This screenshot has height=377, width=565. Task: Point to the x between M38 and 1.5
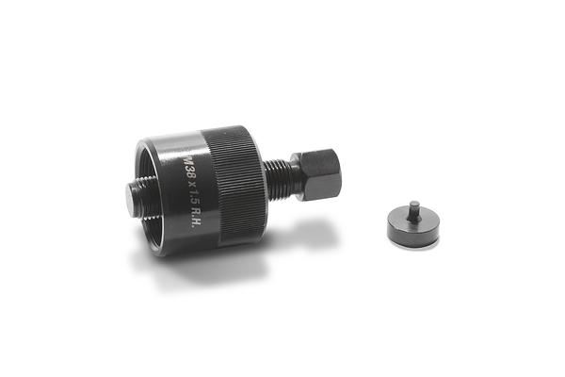193,177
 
